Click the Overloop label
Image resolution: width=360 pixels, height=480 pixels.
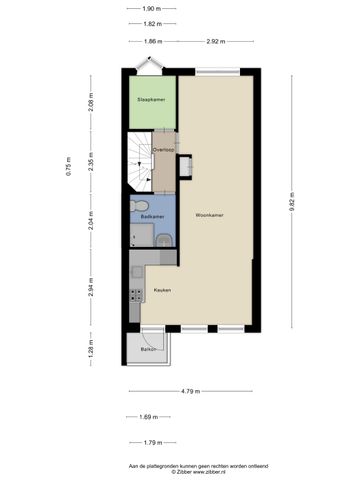(163, 151)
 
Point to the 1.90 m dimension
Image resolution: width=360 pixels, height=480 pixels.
(153, 8)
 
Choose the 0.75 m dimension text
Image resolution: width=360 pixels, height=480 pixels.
(69, 165)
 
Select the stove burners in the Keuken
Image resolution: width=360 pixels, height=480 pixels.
(133, 294)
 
